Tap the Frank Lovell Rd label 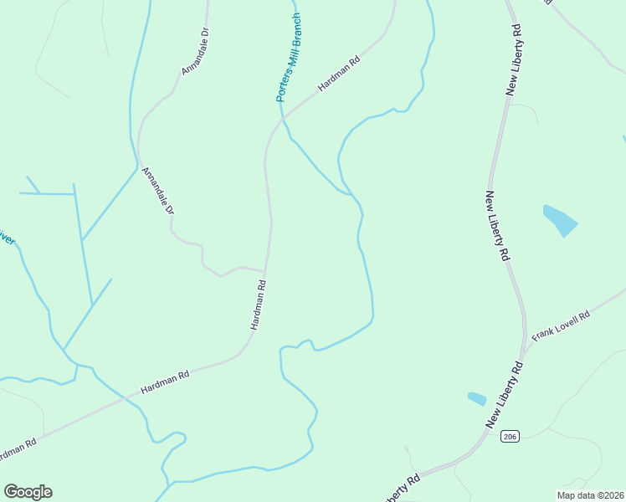[562, 325]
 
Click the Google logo [28, 492]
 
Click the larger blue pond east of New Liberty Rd [560, 220]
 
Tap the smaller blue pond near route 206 [476, 399]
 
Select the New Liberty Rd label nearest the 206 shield [504, 397]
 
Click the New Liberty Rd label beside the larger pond [497, 228]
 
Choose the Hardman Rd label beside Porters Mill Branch [338, 74]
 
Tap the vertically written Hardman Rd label [259, 305]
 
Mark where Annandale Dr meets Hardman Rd [265, 272]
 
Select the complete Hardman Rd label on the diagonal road [165, 382]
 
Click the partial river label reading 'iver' [7, 238]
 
